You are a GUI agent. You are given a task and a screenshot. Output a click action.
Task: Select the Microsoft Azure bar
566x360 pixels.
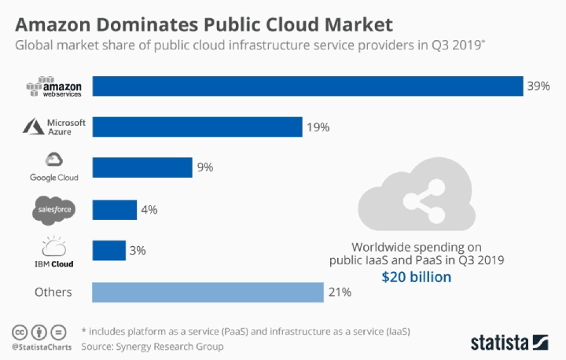click(197, 127)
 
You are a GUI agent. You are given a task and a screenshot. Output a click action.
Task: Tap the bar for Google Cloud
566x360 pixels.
click(142, 167)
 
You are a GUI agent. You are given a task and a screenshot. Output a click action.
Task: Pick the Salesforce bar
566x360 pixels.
click(115, 209)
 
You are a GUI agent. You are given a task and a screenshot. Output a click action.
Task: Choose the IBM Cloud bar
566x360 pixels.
click(109, 250)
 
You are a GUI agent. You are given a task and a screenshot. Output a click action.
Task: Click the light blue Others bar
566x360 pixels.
click(208, 292)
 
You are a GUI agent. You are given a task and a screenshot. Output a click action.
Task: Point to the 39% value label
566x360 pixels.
click(538, 86)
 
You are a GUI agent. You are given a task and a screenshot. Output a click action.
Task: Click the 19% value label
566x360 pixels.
click(318, 127)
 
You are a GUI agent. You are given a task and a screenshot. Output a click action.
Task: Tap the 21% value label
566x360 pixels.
click(340, 292)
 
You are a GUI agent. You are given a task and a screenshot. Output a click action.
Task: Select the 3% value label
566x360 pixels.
click(138, 251)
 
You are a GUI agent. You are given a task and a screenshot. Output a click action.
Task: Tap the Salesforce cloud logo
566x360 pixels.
click(54, 210)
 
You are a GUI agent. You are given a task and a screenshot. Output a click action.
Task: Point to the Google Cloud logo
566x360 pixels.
click(54, 167)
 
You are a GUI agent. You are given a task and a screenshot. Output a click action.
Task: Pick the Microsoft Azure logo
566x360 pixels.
click(54, 127)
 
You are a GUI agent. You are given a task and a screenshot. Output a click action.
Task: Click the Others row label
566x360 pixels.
click(53, 292)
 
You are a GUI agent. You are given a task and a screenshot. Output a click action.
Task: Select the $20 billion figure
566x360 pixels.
click(417, 277)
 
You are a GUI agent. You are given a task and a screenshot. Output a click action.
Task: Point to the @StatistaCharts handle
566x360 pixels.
click(38, 346)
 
